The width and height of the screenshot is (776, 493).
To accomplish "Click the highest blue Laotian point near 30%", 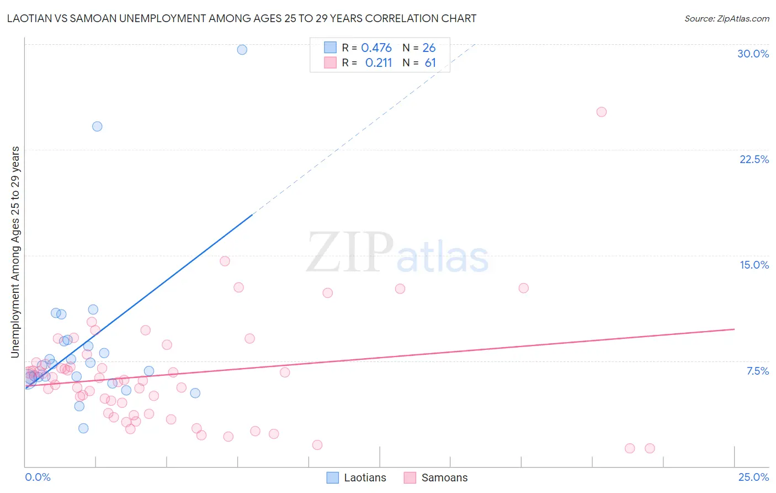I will (242, 50).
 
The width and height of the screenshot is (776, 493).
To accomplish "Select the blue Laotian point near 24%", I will (97, 127).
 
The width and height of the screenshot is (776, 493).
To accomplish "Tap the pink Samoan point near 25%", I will (602, 112).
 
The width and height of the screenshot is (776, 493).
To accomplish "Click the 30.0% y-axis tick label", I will (753, 54).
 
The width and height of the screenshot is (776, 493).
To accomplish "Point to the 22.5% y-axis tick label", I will (754, 159).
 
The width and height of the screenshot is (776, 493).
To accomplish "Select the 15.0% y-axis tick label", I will (754, 265).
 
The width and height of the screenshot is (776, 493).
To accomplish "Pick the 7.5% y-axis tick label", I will (757, 371).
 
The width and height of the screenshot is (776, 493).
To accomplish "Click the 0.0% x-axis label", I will (38, 477).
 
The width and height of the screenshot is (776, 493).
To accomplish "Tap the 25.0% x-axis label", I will (753, 477).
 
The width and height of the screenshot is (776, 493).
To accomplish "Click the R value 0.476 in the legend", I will (376, 48).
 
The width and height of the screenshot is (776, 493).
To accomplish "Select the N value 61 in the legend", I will (430, 63).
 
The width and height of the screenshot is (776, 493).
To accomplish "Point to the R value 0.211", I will (379, 63).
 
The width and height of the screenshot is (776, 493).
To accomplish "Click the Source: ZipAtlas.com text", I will (726, 19).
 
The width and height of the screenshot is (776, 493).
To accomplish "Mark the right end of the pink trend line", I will (734, 329).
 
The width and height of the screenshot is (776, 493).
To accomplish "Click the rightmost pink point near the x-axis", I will (650, 448).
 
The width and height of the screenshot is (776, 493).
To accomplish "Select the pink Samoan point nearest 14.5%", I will (225, 261).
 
